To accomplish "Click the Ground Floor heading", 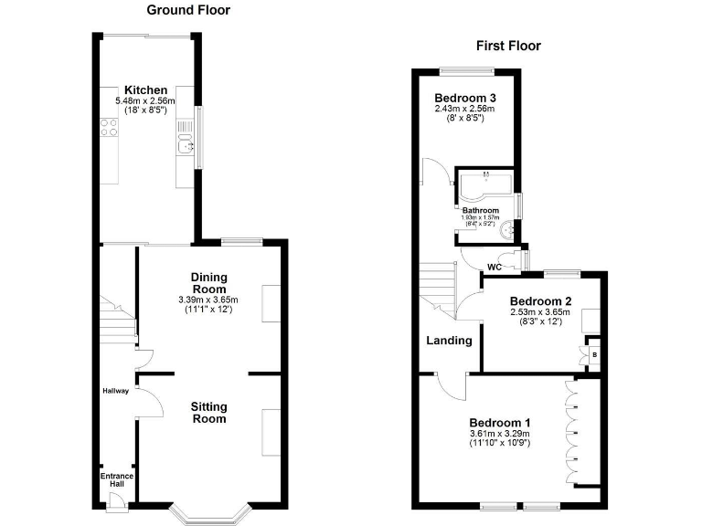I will coord(188,10).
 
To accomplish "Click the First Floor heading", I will coord(509,46).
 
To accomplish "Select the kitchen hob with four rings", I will coord(109,131).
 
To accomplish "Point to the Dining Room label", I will coord(208,283).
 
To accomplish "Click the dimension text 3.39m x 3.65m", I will coord(208,300).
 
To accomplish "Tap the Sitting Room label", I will coord(208,413).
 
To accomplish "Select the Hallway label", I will coord(115,391).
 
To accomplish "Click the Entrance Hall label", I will coord(116,481).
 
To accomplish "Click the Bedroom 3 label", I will coord(465,98).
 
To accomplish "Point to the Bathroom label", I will coord(480,210).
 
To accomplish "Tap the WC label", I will coord(495,267).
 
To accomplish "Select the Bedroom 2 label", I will coord(541,301).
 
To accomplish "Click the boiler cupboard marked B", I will coord(594,354).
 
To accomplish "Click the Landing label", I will coord(449,341).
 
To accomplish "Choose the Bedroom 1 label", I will coord(500,422).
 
